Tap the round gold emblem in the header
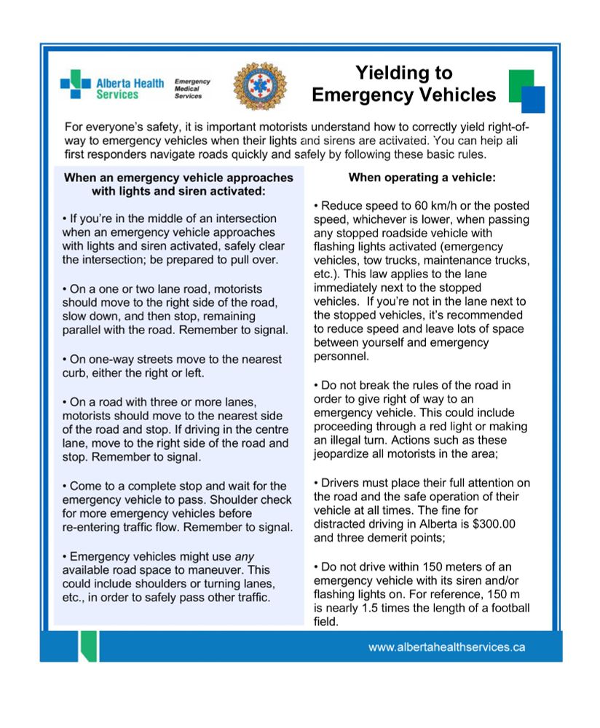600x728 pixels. (x=259, y=86)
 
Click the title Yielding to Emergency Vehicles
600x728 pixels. (x=403, y=84)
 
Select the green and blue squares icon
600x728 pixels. (x=526, y=91)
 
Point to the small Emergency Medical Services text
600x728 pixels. (x=192, y=89)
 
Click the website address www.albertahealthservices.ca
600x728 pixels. (x=446, y=646)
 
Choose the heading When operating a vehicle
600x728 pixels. (x=422, y=177)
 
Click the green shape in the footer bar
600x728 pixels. (x=87, y=645)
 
